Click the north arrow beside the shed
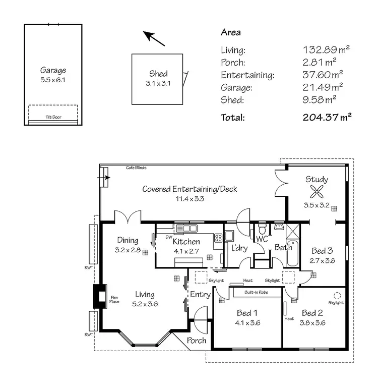[155, 39]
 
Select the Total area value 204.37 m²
[327, 118]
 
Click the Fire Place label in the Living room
[114, 300]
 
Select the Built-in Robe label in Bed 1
[256, 292]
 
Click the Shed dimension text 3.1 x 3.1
[158, 83]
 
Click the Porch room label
[197, 340]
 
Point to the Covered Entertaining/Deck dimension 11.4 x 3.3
[190, 198]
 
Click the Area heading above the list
[231, 32]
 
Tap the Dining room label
[128, 240]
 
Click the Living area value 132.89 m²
[326, 49]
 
